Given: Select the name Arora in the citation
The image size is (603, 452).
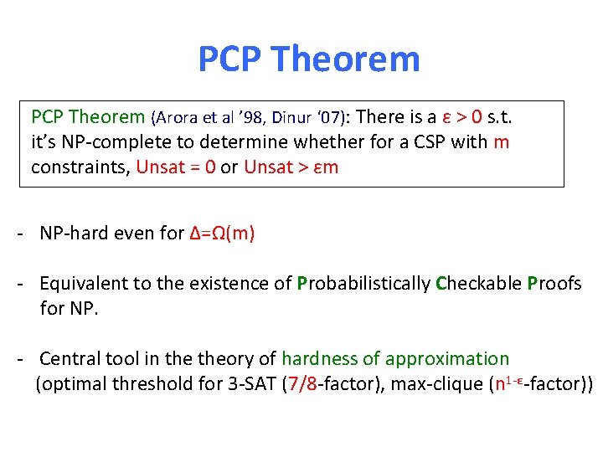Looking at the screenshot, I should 177,117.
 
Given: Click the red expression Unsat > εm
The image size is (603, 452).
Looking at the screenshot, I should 291,167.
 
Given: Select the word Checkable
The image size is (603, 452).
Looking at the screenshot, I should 479,284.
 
